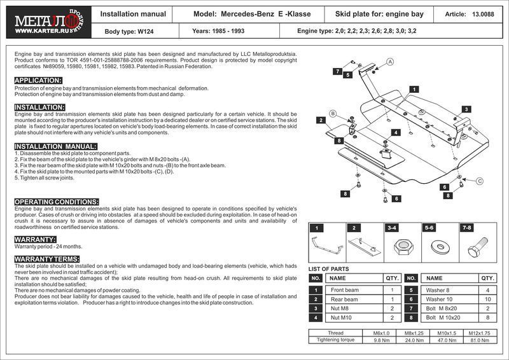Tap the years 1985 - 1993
(x=220, y=30)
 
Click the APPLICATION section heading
(x=38, y=80)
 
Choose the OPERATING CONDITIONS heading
(x=57, y=202)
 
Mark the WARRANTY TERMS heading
(x=46, y=259)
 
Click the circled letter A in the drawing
(x=391, y=61)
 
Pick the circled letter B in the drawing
(x=332, y=114)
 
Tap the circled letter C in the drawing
(x=479, y=181)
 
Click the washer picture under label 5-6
(x=438, y=246)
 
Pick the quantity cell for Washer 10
(x=487, y=299)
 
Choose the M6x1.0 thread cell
(x=372, y=333)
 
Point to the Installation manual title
(x=134, y=13)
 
